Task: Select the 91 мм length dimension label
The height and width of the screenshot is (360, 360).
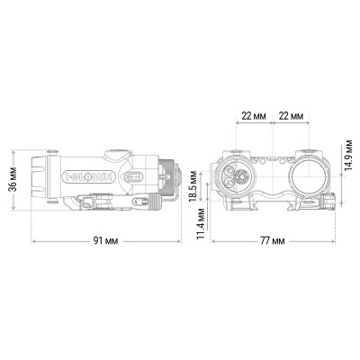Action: click(109, 241)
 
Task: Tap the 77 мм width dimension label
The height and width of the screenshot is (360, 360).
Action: click(274, 241)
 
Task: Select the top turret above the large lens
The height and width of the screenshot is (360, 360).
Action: click(307, 149)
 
